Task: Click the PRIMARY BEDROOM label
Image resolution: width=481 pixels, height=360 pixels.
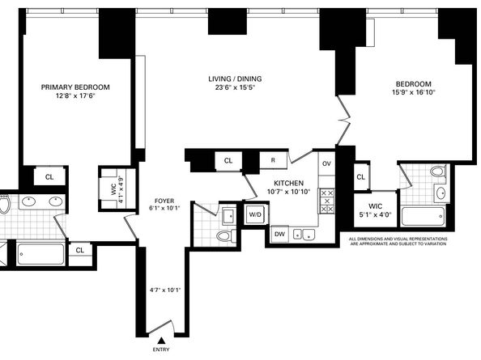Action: click(75, 87)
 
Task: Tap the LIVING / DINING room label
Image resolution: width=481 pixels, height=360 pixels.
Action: click(235, 78)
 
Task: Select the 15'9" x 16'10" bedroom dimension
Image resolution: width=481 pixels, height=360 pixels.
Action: click(414, 92)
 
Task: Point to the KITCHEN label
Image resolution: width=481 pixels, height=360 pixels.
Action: click(288, 183)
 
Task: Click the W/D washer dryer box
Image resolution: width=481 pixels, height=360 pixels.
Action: click(255, 214)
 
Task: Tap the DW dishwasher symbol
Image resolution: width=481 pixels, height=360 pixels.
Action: click(279, 235)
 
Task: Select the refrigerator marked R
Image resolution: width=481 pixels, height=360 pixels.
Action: click(273, 160)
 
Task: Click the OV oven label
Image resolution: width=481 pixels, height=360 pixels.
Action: click(326, 163)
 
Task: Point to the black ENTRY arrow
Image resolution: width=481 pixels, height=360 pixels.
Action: click(161, 341)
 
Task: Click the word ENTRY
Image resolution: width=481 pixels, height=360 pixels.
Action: click(161, 349)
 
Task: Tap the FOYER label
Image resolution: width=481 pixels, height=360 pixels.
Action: click(164, 201)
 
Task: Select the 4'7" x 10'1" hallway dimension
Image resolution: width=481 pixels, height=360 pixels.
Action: click(165, 290)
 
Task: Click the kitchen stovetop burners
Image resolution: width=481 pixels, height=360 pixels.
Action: click(327, 201)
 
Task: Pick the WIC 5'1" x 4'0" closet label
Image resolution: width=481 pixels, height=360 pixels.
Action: click(376, 210)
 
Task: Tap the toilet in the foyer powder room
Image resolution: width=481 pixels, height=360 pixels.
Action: click(225, 236)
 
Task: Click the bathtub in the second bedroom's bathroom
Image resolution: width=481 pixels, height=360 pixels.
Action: click(424, 216)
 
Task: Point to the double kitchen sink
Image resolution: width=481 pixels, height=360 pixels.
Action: click(304, 235)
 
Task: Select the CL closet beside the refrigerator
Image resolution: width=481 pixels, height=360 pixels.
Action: click(228, 161)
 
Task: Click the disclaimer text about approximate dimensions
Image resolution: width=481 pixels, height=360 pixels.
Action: click(398, 241)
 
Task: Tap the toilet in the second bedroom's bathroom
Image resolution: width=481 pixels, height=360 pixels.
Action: click(439, 171)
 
